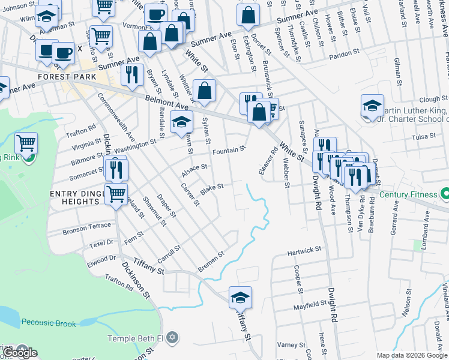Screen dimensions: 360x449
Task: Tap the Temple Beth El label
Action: [136, 338]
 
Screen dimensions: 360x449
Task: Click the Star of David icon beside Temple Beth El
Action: [173, 338]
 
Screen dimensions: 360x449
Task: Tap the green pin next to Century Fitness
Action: [445, 194]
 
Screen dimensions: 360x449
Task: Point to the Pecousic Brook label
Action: [49, 323]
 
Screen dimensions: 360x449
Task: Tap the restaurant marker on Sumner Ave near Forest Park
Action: [132, 74]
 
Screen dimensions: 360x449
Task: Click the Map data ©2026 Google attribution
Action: [412, 355]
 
